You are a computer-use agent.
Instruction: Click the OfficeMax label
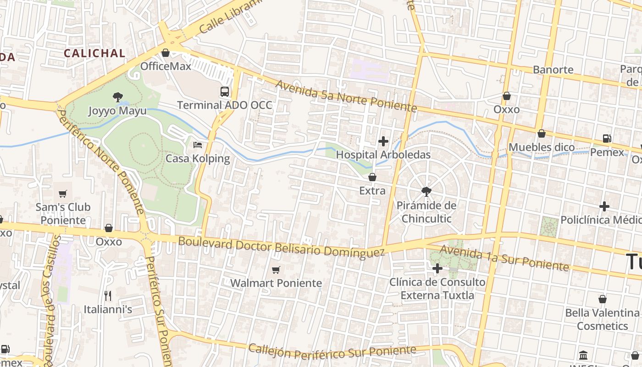(x=166, y=66)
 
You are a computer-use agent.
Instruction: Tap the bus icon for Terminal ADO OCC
(x=225, y=91)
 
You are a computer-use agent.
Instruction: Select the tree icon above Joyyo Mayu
(x=117, y=97)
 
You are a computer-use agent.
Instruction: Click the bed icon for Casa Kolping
(x=198, y=145)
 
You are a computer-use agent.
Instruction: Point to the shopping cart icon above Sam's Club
(x=63, y=194)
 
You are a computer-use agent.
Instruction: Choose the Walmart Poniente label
(x=276, y=283)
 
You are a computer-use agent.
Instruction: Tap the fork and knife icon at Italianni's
(x=108, y=295)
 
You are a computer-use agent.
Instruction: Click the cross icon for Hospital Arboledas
(x=383, y=141)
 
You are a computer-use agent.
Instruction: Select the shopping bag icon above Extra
(x=372, y=177)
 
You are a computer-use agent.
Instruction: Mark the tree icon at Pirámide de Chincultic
(x=426, y=191)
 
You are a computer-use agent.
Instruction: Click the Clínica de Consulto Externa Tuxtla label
(x=437, y=289)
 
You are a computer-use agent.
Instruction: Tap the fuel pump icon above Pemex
(x=607, y=138)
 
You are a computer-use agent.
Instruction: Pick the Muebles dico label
(x=542, y=147)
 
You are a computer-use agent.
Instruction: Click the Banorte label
(x=553, y=70)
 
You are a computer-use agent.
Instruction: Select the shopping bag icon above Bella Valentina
(x=603, y=299)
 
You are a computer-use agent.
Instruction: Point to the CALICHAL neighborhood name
(x=94, y=53)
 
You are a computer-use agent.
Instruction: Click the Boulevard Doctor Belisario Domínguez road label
(x=281, y=247)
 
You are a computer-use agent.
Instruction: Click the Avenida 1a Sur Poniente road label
(x=504, y=258)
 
